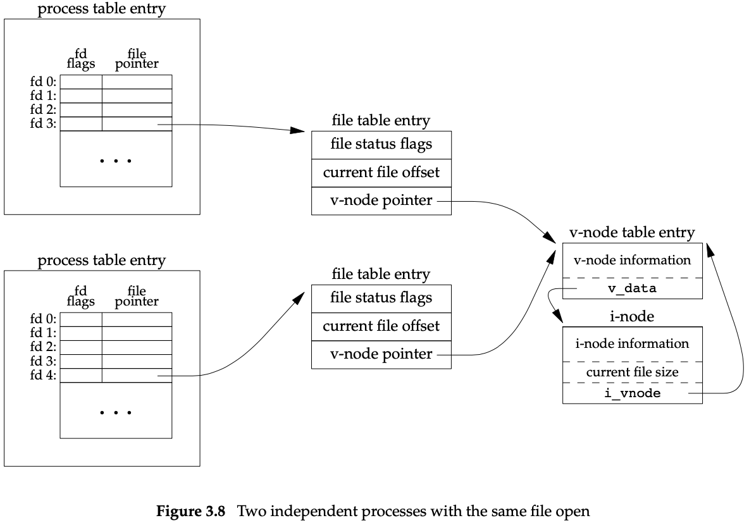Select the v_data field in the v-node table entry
(x=631, y=288)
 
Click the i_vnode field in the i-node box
(x=631, y=393)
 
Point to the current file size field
(x=631, y=373)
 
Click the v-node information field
(x=631, y=260)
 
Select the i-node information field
(x=631, y=343)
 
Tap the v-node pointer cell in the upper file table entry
(x=381, y=201)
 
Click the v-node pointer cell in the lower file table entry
(x=381, y=354)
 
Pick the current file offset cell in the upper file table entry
(x=381, y=173)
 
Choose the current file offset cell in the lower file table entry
(x=381, y=327)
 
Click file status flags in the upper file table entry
(x=381, y=144)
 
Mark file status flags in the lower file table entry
(x=381, y=298)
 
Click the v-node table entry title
(x=631, y=233)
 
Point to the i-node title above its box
(x=631, y=316)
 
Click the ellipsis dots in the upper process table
(x=116, y=161)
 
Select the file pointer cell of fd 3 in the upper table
(x=137, y=124)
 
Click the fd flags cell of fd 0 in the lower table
(x=81, y=319)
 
